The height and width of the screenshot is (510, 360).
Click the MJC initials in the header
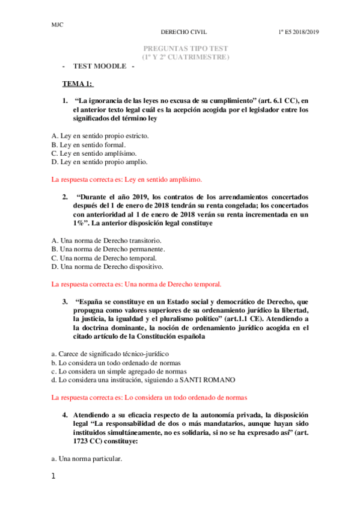pos(58,25)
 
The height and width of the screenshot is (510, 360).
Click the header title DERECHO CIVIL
pos(186,33)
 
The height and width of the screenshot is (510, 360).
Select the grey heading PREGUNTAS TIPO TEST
pos(186,48)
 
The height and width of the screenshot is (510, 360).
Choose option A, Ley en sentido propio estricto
pos(100,135)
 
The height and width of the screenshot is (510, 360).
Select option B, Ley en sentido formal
pos(89,144)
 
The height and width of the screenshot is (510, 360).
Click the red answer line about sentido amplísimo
pos(127,179)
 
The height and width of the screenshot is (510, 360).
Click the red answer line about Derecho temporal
pos(136,283)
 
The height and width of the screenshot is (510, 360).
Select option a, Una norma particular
pos(87,458)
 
